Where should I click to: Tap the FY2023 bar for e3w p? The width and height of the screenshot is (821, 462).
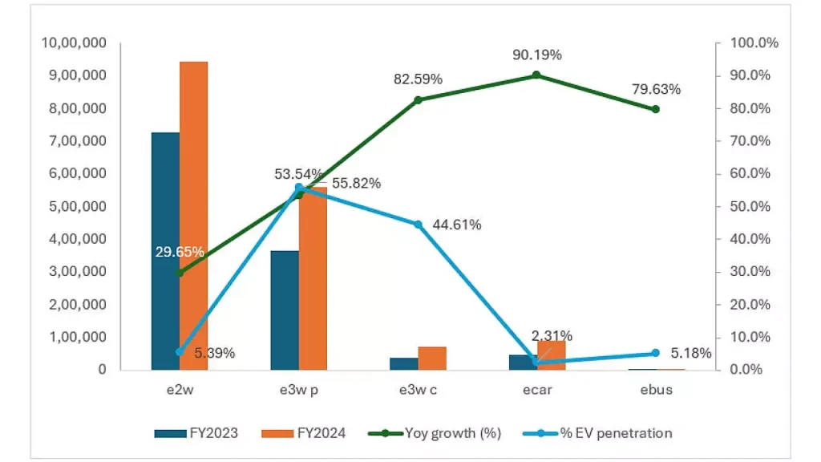285,310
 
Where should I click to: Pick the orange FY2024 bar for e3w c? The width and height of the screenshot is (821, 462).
432,358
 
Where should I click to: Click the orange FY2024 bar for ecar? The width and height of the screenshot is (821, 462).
552,355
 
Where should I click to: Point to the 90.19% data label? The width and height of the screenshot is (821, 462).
537,55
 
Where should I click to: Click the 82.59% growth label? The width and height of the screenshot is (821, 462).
418,79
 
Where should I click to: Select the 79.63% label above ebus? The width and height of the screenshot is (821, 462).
656,89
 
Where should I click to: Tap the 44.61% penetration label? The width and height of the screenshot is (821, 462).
456,225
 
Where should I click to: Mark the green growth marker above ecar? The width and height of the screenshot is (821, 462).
536,75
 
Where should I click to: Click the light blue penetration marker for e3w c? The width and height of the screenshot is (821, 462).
418,225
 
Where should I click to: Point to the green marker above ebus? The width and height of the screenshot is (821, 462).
656,109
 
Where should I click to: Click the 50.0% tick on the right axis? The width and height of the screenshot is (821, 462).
751,206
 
